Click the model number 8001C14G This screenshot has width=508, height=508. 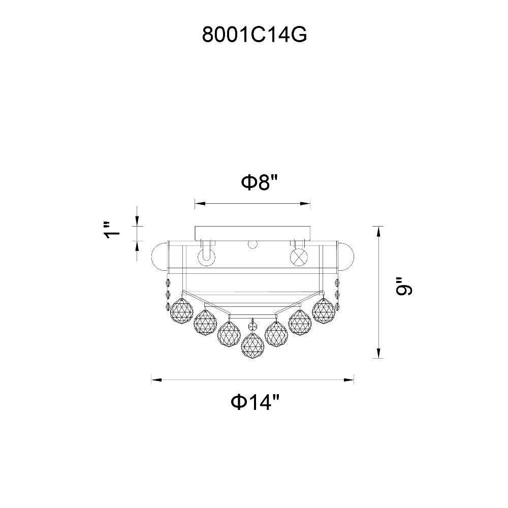pos(255,35)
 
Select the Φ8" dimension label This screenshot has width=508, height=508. pos(260,182)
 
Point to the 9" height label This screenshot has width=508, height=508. pos(404,286)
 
